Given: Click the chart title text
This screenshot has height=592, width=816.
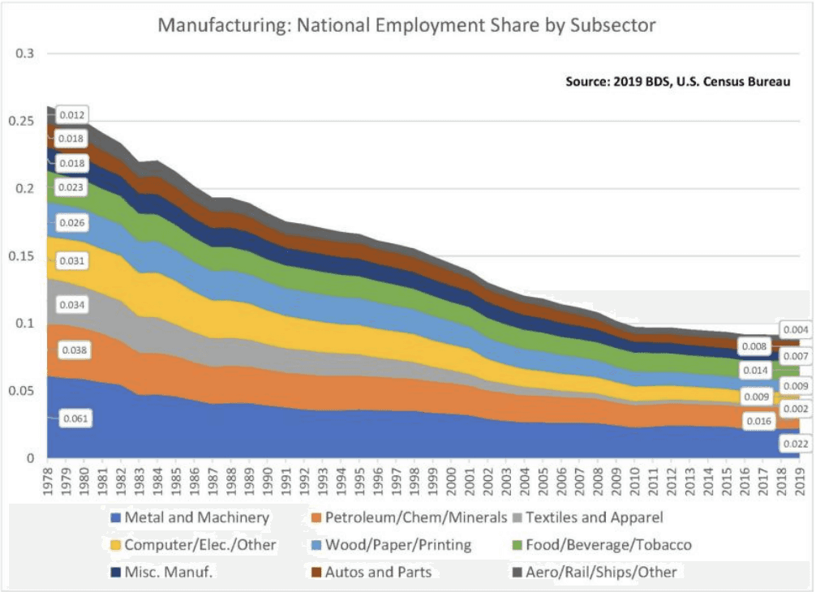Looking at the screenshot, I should click(406, 25).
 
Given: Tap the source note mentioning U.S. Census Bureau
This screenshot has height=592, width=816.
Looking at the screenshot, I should click(677, 82).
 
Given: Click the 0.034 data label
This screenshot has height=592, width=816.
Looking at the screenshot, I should click(74, 305).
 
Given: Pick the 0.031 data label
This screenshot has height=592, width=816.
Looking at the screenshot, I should click(74, 261).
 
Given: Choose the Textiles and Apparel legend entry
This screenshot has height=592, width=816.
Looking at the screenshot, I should click(595, 517).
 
